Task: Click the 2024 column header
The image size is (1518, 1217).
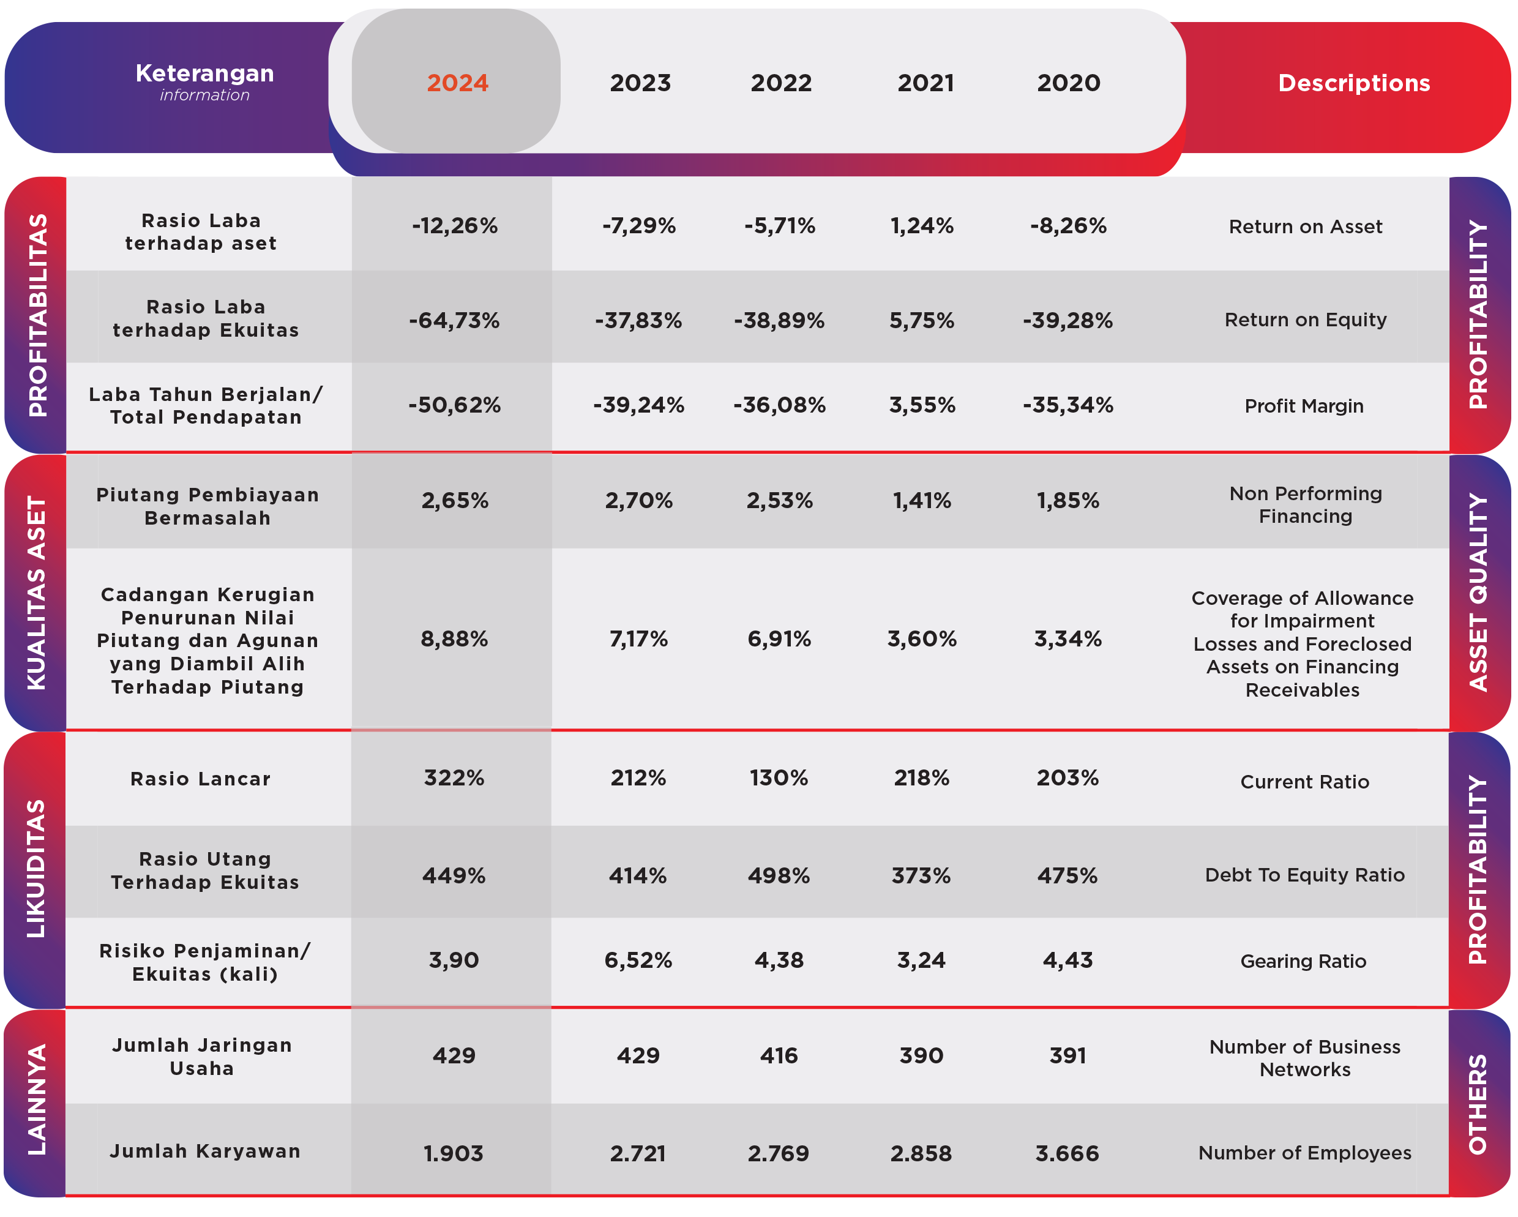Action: pos(458,83)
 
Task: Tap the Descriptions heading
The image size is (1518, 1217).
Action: pos(1354,83)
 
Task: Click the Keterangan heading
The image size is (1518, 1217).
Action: pos(205,73)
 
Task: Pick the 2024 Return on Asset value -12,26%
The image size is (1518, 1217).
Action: pos(455,225)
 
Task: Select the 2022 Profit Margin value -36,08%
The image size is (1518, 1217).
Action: pos(779,405)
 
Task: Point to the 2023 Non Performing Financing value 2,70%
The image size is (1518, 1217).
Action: pos(638,501)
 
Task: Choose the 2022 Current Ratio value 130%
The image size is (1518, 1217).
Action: pos(779,777)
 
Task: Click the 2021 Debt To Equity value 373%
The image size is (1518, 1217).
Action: pos(921,875)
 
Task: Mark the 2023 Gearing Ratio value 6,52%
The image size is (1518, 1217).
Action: pos(638,960)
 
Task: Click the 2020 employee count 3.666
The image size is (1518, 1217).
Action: pos(1067,1153)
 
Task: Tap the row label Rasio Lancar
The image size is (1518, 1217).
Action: pos(201,779)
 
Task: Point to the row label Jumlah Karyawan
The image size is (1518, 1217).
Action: pos(205,1151)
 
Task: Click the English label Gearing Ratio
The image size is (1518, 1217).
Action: pos(1303,961)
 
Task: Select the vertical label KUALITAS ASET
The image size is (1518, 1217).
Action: pos(36,593)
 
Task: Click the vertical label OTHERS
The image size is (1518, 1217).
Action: pos(1478,1104)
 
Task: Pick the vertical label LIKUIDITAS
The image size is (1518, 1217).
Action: pos(36,869)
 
